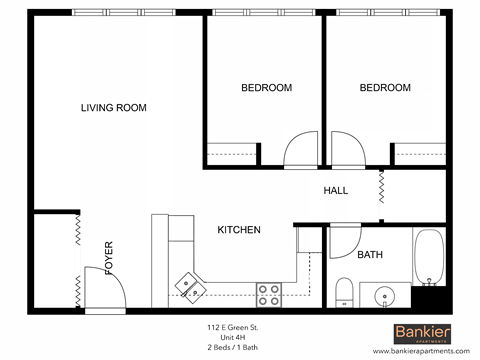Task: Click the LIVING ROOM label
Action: [114, 107]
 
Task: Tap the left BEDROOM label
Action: [266, 88]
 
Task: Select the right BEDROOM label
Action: [385, 88]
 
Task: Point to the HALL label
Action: [335, 190]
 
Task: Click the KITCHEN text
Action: [239, 230]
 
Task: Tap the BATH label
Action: [370, 254]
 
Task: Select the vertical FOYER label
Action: [108, 257]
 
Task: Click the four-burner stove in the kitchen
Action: [268, 293]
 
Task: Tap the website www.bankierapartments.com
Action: [420, 352]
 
